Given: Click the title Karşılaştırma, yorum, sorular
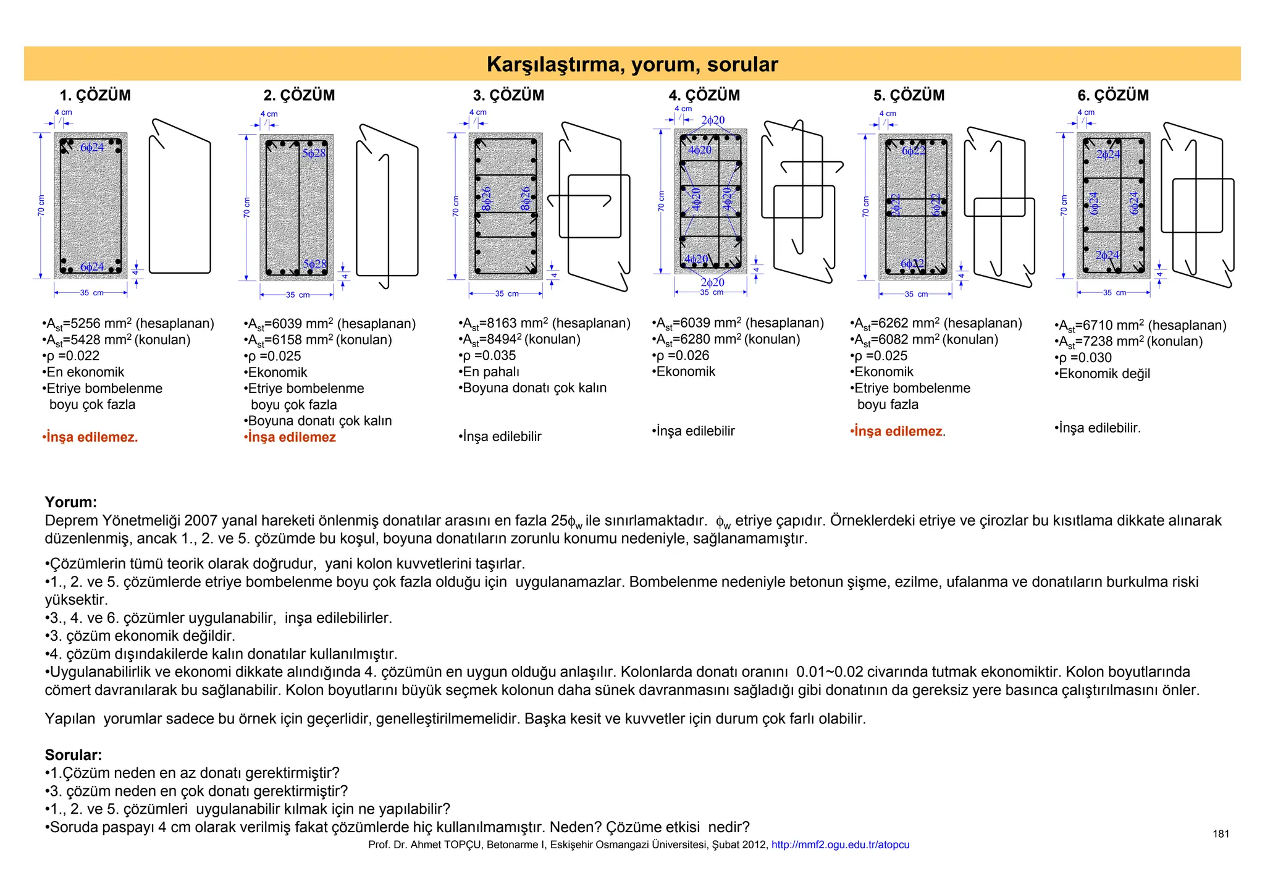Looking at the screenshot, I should (x=632, y=64).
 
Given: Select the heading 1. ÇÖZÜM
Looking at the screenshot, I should (x=95, y=95).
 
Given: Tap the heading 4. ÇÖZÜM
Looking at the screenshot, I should (x=704, y=95).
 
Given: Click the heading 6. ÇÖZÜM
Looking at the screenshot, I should (x=1113, y=95).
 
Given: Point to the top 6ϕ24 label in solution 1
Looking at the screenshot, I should (x=92, y=148).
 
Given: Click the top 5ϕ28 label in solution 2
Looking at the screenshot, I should (x=314, y=153).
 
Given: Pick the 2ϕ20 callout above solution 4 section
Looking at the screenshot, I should (x=713, y=120).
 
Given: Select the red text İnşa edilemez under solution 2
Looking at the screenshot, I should (x=291, y=437).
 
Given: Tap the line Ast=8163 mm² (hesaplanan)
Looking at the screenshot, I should (x=545, y=323).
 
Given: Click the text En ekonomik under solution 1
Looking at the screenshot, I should (x=85, y=372).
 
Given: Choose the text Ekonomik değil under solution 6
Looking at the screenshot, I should (x=1103, y=374).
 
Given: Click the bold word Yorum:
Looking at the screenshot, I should (x=70, y=502).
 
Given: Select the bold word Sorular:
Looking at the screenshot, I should (x=73, y=755).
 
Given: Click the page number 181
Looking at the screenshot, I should (x=1221, y=834).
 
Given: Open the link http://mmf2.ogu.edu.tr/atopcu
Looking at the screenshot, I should (x=840, y=845).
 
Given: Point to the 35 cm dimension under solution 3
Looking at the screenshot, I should (x=508, y=293).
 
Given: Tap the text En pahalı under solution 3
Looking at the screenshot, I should (x=490, y=371).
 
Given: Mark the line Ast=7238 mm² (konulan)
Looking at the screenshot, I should (x=1129, y=341).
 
